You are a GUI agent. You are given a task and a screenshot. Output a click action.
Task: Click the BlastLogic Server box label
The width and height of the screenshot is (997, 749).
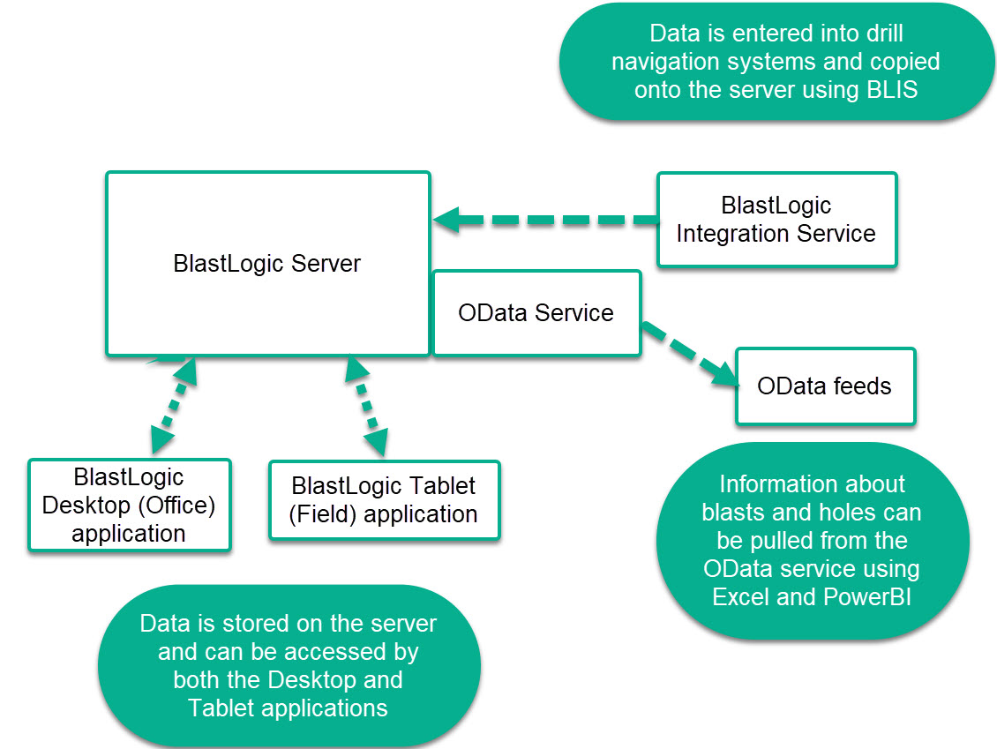pyautogui.click(x=266, y=263)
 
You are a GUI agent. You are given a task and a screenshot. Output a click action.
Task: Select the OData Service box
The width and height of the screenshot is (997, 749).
pyautogui.click(x=536, y=313)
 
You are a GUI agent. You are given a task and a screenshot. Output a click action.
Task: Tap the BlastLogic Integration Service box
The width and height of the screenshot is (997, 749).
pyautogui.click(x=777, y=220)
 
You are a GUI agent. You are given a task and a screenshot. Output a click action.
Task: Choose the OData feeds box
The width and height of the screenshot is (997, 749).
pyautogui.click(x=825, y=386)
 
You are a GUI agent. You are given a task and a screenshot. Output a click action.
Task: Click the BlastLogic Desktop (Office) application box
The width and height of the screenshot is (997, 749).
pyautogui.click(x=130, y=505)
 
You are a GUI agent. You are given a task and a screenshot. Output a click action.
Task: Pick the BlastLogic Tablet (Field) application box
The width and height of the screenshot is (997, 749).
pyautogui.click(x=385, y=500)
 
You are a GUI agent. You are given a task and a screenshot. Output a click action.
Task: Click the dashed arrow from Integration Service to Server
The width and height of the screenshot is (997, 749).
pyautogui.click(x=545, y=220)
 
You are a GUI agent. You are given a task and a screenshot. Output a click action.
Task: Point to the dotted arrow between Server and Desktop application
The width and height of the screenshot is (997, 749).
pyautogui.click(x=174, y=406)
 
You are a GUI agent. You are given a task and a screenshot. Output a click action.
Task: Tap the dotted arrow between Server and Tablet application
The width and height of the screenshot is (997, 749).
pyautogui.click(x=367, y=406)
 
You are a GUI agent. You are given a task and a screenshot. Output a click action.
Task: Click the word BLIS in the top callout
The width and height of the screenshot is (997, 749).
pyautogui.click(x=892, y=90)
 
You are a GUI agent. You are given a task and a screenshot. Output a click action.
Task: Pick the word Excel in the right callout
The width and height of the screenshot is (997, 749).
pyautogui.click(x=741, y=597)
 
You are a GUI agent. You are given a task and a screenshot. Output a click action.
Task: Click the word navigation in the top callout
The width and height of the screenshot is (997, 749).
pyautogui.click(x=666, y=63)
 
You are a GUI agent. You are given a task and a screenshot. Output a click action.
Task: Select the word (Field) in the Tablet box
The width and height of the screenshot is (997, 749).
pyautogui.click(x=322, y=514)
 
